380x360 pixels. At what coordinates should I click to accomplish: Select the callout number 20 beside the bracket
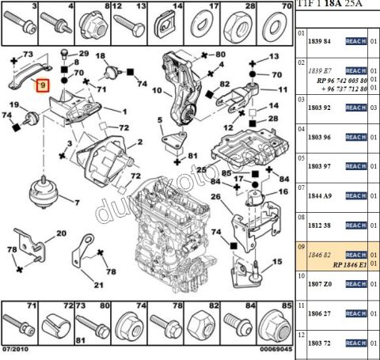(x=60, y=234)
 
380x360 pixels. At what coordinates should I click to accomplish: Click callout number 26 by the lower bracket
(x=215, y=196)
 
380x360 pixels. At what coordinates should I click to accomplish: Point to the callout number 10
(x=156, y=90)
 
